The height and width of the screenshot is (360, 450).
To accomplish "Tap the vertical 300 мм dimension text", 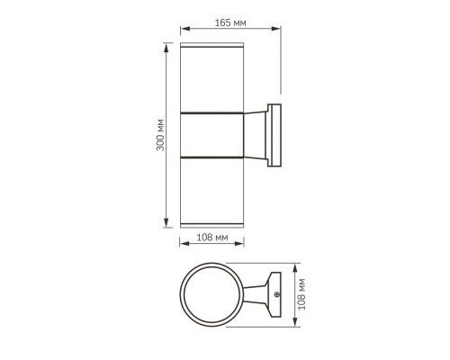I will [x=159, y=132].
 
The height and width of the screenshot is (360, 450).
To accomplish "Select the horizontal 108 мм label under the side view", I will [x=211, y=238].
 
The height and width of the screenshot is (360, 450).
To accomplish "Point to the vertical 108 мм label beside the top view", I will [x=307, y=293].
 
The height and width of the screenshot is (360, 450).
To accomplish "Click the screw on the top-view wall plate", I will [x=277, y=295].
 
